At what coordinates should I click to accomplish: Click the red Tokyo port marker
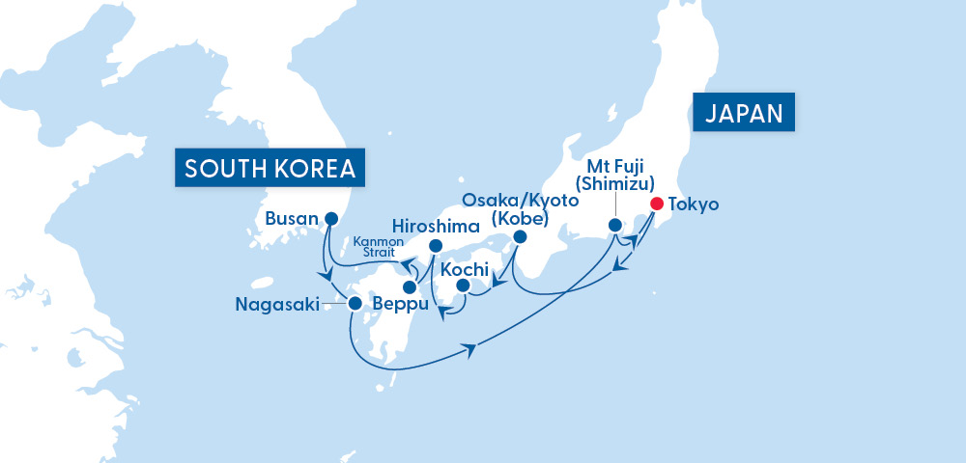(657, 204)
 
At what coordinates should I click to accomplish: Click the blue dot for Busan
(332, 218)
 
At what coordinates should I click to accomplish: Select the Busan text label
(292, 219)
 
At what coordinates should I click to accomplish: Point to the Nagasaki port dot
(355, 303)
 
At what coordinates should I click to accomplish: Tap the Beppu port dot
(410, 287)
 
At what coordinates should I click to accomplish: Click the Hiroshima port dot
(435, 245)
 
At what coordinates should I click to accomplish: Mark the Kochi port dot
(463, 286)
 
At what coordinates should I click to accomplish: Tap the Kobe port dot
(520, 236)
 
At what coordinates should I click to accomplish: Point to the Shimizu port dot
(614, 225)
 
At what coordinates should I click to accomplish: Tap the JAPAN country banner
(743, 113)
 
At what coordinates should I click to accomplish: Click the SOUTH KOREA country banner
(270, 170)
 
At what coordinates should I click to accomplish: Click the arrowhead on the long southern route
(472, 349)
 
